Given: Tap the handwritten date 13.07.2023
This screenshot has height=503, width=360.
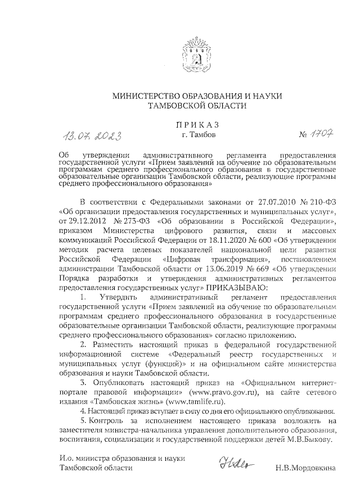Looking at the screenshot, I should [x=93, y=135].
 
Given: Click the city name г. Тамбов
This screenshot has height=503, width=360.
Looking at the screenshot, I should [x=197, y=135].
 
